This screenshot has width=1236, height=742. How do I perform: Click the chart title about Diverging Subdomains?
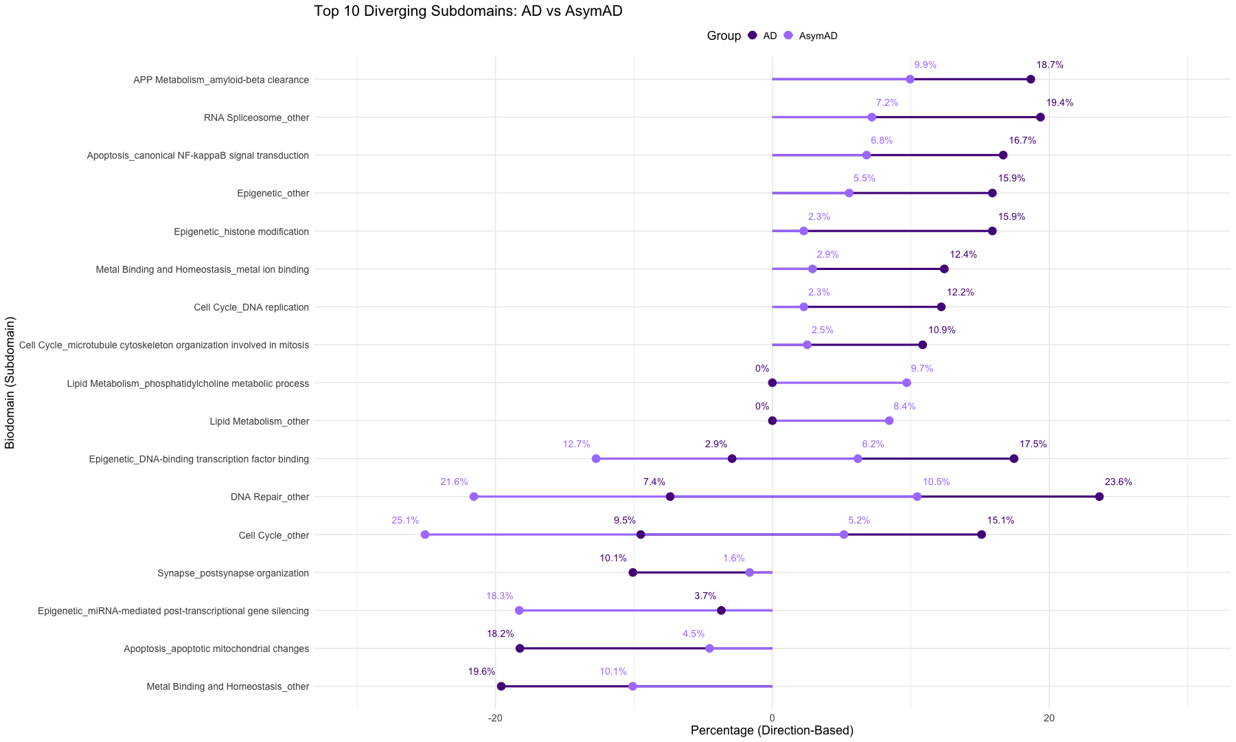(x=468, y=12)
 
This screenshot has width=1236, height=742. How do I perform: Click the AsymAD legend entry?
(x=817, y=36)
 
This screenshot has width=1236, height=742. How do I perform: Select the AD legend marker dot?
(x=752, y=36)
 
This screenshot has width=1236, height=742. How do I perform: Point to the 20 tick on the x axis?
(x=1049, y=718)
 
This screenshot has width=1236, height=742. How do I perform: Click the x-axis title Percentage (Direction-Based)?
(x=772, y=731)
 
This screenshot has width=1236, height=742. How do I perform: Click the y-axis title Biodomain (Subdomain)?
(x=10, y=383)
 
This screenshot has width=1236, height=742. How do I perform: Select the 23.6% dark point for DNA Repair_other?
(x=1099, y=497)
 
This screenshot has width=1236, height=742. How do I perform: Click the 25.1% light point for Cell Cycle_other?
(x=424, y=535)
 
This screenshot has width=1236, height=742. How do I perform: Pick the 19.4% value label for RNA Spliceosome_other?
(x=1060, y=103)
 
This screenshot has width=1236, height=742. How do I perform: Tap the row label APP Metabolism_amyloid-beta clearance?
(x=220, y=80)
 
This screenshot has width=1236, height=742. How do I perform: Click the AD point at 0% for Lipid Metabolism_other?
(x=772, y=421)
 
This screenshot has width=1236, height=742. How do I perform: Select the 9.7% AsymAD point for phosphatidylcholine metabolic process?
(x=906, y=383)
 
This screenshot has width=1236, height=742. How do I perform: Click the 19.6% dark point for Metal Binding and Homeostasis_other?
(x=501, y=686)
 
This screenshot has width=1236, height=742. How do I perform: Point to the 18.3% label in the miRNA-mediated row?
(x=499, y=596)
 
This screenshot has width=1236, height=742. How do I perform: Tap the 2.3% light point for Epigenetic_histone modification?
(x=803, y=231)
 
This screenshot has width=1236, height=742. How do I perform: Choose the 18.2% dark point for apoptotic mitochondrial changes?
(x=520, y=649)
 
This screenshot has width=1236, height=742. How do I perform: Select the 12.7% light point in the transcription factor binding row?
(x=595, y=459)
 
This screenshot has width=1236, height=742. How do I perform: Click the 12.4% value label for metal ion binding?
(x=963, y=255)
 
